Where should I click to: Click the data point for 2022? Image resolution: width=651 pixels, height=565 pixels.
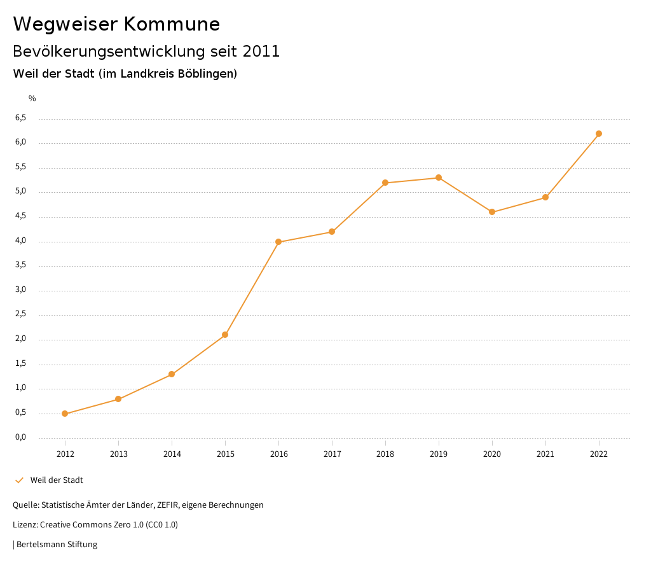[x=599, y=134]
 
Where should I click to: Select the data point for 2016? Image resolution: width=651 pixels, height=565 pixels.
[x=278, y=242]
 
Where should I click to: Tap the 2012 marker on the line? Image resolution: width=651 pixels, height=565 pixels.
[x=65, y=414]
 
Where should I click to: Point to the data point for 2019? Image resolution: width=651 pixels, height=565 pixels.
[x=439, y=178]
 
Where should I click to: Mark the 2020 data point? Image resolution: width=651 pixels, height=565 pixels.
[x=492, y=212]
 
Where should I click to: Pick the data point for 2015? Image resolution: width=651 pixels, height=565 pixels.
[x=225, y=335]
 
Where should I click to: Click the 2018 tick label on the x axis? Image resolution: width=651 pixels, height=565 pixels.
[x=385, y=454]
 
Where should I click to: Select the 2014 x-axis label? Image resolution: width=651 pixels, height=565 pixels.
[x=172, y=454]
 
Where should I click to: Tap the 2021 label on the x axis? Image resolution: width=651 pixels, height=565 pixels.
[x=545, y=454]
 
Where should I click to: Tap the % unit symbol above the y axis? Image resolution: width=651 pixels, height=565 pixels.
[x=32, y=99]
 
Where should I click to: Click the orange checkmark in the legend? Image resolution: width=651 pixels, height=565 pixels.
[x=19, y=480]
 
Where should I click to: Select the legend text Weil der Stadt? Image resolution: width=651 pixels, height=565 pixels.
[x=57, y=480]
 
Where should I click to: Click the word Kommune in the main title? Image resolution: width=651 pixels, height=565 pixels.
[x=172, y=24]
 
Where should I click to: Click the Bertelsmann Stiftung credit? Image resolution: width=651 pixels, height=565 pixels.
[x=57, y=545]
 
